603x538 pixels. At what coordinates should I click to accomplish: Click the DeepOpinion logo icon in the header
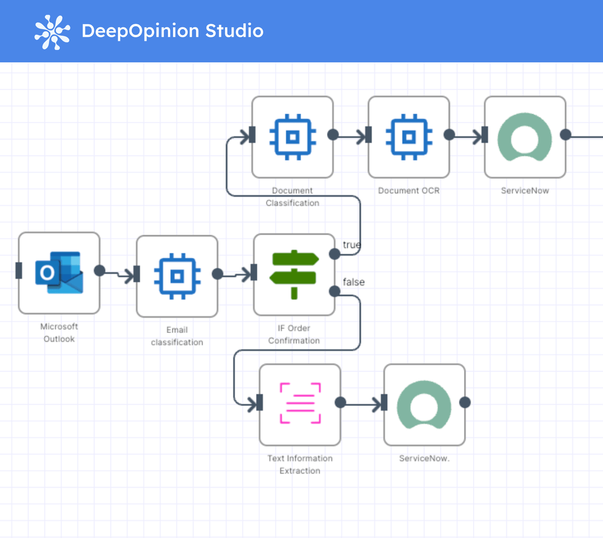point(52,31)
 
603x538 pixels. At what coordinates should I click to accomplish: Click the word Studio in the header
point(234,31)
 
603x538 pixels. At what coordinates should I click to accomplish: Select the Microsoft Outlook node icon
point(59,273)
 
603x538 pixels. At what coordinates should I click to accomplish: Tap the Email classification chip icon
point(177,275)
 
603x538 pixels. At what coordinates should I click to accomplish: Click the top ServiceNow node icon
point(525,137)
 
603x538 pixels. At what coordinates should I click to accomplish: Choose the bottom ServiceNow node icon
point(424,404)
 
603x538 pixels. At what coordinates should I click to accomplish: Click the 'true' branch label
point(352,245)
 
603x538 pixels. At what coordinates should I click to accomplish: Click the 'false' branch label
point(353,282)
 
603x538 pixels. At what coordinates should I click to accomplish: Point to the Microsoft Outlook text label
point(59,332)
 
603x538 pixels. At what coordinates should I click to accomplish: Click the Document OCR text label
point(409,191)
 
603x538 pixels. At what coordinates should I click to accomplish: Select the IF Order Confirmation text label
point(294,335)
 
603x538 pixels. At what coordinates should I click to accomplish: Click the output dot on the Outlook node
point(99,270)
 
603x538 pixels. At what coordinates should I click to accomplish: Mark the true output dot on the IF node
point(334,254)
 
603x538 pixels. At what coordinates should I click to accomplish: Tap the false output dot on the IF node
point(334,291)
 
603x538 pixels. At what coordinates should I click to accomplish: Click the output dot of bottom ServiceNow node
point(465,402)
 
